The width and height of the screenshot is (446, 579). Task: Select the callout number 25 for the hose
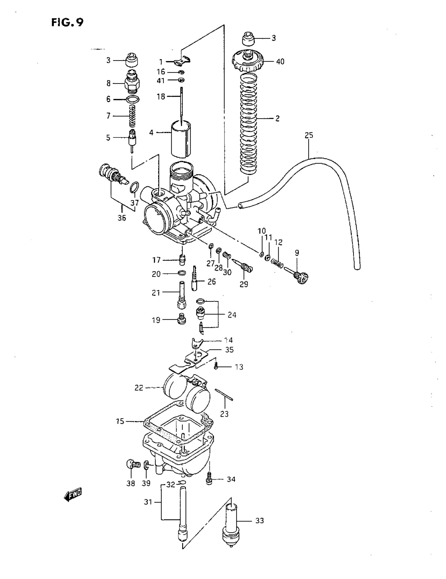tap(309, 135)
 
